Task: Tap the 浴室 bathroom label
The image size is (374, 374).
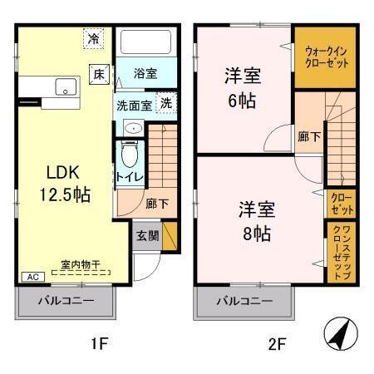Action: coord(145,74)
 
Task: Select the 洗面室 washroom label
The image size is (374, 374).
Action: coord(133,106)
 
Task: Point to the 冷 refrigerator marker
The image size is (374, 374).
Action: coord(95,38)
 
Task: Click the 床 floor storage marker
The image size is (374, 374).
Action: coord(98,73)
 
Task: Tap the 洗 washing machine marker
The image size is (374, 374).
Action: coord(166,105)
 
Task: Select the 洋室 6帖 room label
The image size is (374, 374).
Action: coord(244,89)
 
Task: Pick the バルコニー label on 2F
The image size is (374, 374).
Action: coord(245,301)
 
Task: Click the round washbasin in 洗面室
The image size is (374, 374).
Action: coord(130,128)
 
